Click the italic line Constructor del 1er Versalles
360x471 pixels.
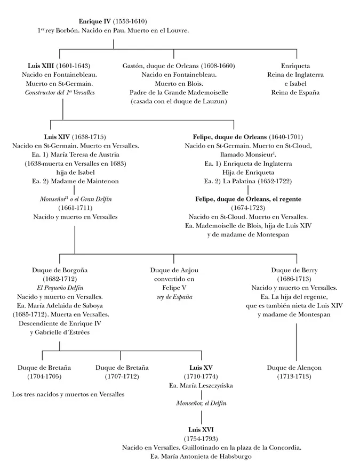[59, 93]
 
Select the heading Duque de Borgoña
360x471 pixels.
[59, 270]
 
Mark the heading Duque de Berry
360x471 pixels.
[294, 270]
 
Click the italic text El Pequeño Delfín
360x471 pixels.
[59, 288]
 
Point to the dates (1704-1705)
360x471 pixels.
[44, 377]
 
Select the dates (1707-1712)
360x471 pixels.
[122, 377]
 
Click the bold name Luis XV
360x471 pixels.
[201, 368]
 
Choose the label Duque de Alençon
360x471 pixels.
[294, 368]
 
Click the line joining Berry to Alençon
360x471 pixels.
[296, 341]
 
